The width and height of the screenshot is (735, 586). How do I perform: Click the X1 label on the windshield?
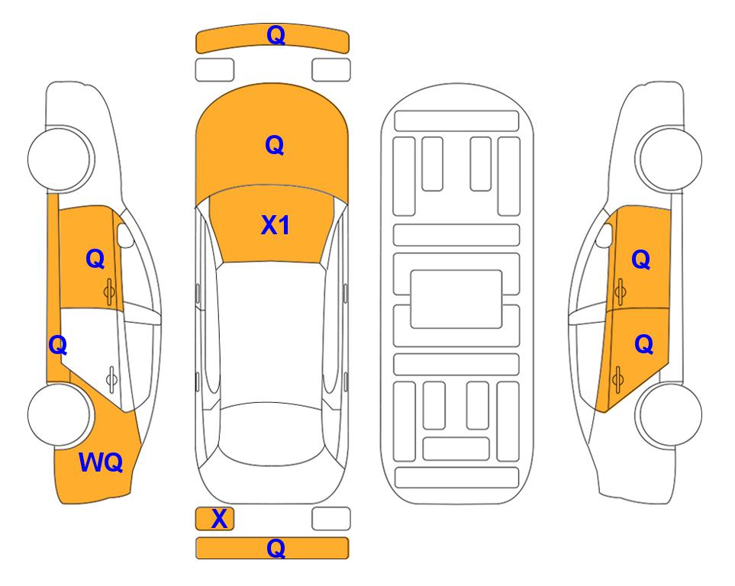pos(276,225)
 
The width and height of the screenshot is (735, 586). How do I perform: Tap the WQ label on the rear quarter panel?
pos(101,462)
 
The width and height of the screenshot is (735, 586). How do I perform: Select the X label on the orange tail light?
pos(219,519)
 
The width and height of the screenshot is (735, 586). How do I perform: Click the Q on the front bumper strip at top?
pos(276,35)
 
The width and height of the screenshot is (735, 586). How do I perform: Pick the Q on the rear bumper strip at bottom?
pos(276,548)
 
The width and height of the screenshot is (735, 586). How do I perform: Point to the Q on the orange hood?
pos(275,145)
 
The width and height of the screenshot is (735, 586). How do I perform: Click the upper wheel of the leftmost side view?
pos(60,159)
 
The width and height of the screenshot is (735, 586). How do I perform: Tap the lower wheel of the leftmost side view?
pos(60,414)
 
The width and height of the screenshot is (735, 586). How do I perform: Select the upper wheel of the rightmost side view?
pos(669,159)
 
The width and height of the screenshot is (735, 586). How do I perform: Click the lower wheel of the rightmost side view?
pos(669,414)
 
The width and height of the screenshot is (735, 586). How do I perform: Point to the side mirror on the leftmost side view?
pos(124,235)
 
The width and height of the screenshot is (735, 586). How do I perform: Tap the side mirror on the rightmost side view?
pos(604,235)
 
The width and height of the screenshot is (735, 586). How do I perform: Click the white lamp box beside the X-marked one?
pos(331,519)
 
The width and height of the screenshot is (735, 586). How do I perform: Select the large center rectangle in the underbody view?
pos(456,299)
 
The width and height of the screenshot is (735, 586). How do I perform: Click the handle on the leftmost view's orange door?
pos(109,291)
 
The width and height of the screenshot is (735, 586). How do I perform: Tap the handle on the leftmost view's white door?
pos(111,378)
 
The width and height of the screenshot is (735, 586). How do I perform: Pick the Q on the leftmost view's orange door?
pos(95,259)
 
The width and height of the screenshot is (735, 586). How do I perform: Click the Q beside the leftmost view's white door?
pos(58,346)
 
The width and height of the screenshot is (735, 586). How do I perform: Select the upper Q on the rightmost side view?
pos(641,259)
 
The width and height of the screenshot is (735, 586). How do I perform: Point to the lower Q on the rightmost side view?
pos(643,345)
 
